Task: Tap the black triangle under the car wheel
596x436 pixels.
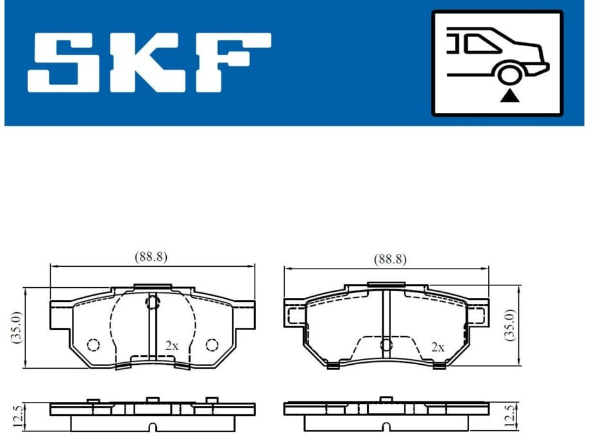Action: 509,96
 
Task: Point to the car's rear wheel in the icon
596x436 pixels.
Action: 509,75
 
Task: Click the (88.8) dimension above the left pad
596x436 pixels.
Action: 151,256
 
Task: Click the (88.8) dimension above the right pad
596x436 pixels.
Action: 390,259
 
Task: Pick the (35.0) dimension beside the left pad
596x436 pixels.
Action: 17,328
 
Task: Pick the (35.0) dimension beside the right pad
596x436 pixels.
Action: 510,325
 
